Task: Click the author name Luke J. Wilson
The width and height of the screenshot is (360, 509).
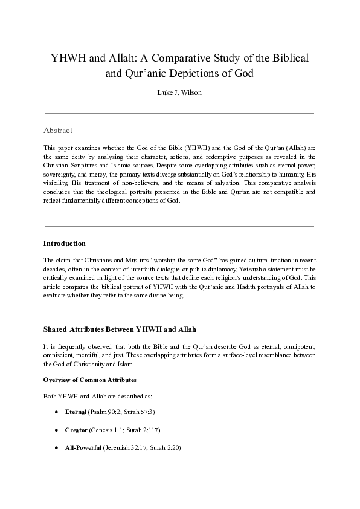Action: point(179,94)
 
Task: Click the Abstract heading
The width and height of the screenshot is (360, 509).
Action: point(58,130)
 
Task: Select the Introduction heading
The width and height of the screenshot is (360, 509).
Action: point(65,244)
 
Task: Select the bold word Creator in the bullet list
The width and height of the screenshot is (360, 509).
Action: point(76,430)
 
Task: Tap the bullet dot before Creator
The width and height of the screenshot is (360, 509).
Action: point(56,430)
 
